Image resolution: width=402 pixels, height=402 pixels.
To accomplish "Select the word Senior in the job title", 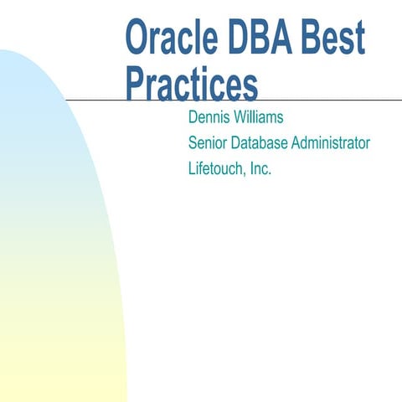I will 209,142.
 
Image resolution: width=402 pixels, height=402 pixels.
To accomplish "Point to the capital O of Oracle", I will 137,38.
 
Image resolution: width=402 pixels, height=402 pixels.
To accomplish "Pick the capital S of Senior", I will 193,142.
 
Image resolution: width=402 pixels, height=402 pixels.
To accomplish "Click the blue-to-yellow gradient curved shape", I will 50,251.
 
